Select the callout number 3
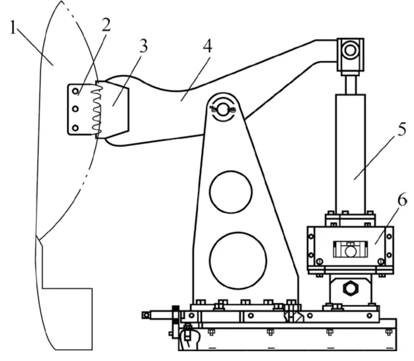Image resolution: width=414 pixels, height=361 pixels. pyautogui.click(x=144, y=46)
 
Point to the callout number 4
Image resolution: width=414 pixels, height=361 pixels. pyautogui.click(x=208, y=46)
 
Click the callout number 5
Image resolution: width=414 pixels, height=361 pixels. pyautogui.click(x=401, y=130)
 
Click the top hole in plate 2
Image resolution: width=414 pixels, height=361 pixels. pyautogui.click(x=76, y=91)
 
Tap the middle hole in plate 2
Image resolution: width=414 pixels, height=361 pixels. pyautogui.click(x=76, y=109)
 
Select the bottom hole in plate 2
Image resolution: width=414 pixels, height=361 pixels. pyautogui.click(x=76, y=128)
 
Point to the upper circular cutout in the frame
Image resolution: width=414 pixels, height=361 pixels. pyautogui.click(x=231, y=192)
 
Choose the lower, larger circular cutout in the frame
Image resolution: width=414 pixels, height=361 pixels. pyautogui.click(x=238, y=260)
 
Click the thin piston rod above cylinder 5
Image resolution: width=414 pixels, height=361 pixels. pyautogui.click(x=351, y=84)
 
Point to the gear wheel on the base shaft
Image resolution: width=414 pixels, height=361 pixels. pyautogui.click(x=175, y=315)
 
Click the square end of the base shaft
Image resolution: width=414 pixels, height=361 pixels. pyautogui.click(x=146, y=315)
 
